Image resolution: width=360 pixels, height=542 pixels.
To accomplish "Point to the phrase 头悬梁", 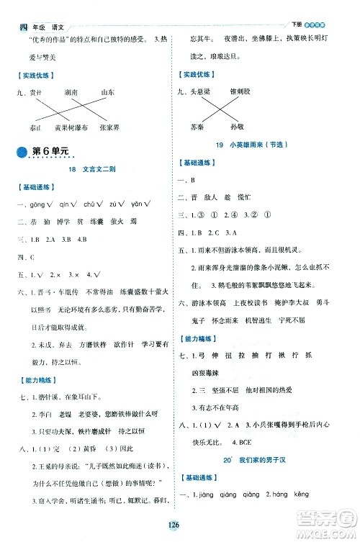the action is click(199, 92).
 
